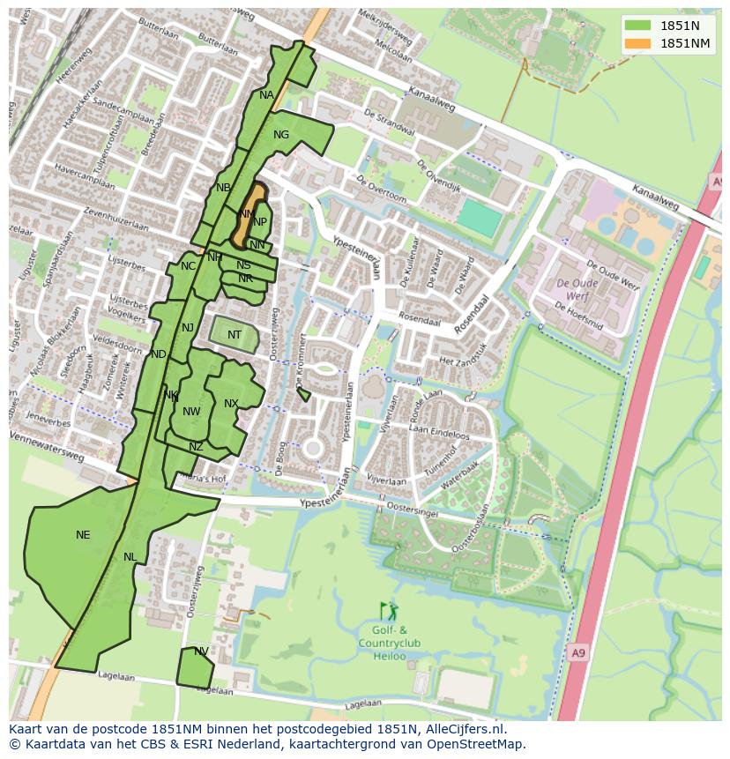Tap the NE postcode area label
83,535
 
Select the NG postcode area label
281,135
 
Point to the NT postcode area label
235,335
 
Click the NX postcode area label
231,404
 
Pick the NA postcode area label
266,95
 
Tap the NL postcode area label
130,557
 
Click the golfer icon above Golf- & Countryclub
388,611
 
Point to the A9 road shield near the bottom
577,653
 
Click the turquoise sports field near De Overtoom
480,218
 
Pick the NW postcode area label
191,412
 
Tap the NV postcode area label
201,651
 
